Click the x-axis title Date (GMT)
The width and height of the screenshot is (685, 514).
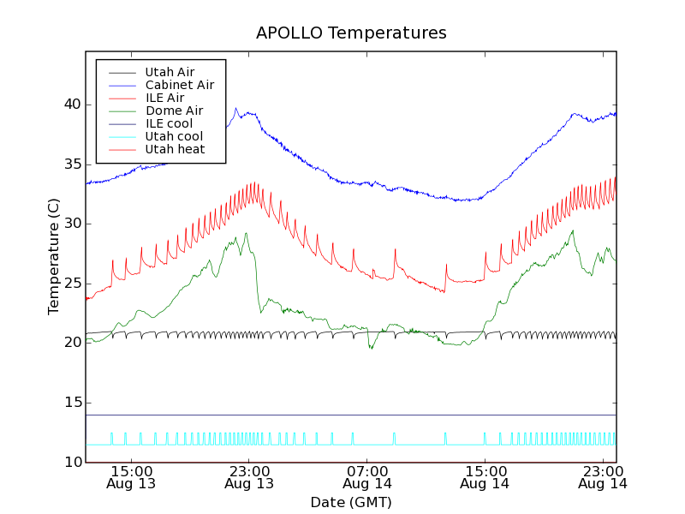pos(351,502)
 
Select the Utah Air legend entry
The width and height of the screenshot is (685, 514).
pos(170,72)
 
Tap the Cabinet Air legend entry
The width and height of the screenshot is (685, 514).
pos(179,85)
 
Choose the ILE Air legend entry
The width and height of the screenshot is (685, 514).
pos(164,98)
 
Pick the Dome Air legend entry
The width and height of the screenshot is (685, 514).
pos(174,111)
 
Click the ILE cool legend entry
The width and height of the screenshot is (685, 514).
pos(169,123)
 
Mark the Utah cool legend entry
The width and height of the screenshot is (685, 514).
pos(174,136)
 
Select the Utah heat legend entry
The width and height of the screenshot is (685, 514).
pos(174,149)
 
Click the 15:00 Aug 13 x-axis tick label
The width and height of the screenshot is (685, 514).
pos(131,476)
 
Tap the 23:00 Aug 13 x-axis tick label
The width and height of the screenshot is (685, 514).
pos(249,476)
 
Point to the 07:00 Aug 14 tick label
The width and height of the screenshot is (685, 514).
pos(367,476)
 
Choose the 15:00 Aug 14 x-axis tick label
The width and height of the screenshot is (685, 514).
pos(485,476)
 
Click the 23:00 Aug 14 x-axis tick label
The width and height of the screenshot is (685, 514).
pos(603,476)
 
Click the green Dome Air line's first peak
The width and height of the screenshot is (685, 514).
pos(246,233)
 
